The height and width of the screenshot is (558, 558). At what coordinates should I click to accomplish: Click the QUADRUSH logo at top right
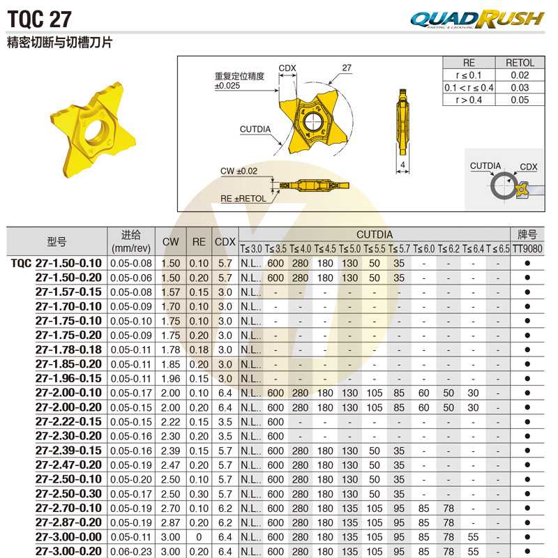477,19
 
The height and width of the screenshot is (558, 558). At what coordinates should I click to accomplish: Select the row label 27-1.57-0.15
68,292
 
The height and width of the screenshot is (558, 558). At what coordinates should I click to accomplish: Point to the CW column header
171,241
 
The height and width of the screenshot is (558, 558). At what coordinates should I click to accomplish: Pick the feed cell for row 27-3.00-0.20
131,551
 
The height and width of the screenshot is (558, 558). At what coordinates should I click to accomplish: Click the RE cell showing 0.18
199,349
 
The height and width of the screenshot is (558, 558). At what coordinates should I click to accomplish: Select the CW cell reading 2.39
171,450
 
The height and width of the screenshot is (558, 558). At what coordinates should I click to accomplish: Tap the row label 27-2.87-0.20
68,522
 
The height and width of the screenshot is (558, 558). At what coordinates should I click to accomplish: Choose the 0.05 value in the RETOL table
519,100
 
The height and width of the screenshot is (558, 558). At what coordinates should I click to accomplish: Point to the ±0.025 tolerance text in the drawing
227,86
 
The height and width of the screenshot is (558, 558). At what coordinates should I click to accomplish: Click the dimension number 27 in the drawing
347,68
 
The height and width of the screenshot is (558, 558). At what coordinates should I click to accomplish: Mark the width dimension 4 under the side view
403,165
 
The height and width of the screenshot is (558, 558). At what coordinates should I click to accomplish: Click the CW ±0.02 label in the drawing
238,171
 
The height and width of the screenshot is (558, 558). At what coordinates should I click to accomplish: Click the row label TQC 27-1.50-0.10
56,263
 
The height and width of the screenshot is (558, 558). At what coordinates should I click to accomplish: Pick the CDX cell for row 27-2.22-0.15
225,421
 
